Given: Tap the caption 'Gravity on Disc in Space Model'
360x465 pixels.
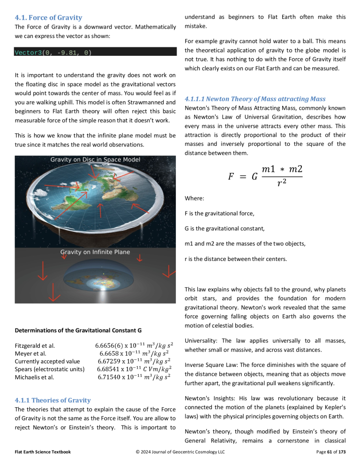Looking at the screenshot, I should click(95, 160).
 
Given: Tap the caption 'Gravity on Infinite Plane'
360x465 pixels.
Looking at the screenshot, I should click(95, 252).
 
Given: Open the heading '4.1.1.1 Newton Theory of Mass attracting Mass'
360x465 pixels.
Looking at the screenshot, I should click(255, 99).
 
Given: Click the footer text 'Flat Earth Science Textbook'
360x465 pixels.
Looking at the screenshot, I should click(41, 451).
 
